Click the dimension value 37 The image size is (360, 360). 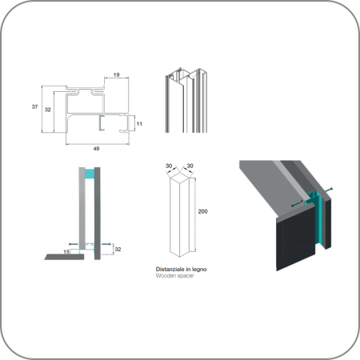34,106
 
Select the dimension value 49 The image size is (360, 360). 96,149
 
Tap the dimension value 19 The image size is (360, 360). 116,74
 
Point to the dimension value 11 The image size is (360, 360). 139,124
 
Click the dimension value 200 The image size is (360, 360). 202,211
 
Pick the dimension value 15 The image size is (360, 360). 66,252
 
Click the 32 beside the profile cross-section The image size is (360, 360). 48,110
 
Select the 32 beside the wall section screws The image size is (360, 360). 118,249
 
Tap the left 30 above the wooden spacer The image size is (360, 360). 169,166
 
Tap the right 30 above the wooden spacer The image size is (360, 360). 190,166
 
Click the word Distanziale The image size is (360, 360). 170,270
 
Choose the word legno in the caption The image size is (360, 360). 199,270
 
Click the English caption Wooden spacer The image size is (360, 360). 174,276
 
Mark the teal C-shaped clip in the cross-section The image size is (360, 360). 102,123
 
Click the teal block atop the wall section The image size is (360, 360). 90,174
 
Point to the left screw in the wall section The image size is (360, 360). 74,244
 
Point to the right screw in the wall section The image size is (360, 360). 106,244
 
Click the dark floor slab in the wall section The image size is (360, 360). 64,257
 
